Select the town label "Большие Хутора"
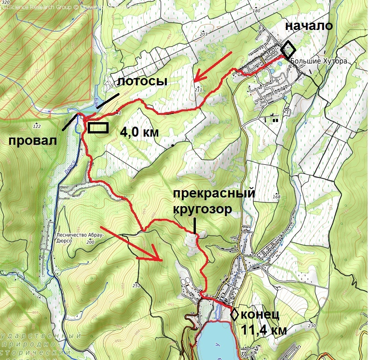pyautogui.click(x=319, y=61)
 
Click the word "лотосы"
pyautogui.click(x=142, y=82)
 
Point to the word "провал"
pyautogui.click(x=33, y=140)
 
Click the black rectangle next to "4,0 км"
pyautogui.click(x=98, y=128)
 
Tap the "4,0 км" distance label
pyautogui.click(x=139, y=133)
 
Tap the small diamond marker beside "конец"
pyautogui.click(x=235, y=314)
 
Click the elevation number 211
pyautogui.click(x=198, y=90)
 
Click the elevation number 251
pyautogui.click(x=136, y=285)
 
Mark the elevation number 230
pyautogui.click(x=311, y=326)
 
